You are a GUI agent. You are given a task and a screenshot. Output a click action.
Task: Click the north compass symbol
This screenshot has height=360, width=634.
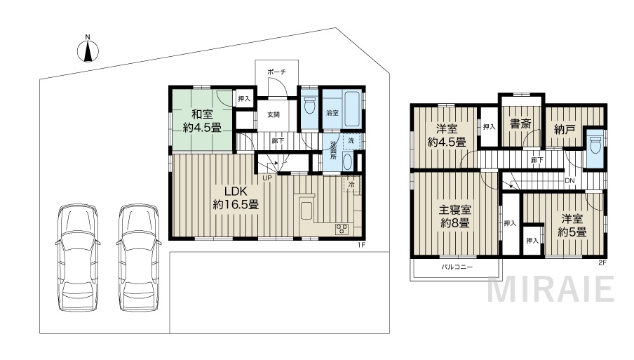click(x=88, y=49)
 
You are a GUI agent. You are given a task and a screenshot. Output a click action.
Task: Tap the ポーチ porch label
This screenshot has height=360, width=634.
click(x=276, y=72)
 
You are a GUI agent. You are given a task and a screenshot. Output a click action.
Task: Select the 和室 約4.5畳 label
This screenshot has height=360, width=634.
click(x=202, y=121)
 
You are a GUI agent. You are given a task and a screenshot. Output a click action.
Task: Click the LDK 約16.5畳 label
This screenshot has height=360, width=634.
click(x=236, y=198)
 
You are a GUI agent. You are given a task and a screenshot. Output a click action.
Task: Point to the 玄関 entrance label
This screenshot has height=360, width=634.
click(x=274, y=114)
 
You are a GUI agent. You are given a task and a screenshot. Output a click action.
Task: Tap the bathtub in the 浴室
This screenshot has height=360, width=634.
click(x=353, y=109)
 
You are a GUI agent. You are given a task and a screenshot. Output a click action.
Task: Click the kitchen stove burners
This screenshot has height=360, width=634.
click(x=342, y=229)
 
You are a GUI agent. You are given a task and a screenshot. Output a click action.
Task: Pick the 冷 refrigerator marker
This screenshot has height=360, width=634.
click(x=351, y=185)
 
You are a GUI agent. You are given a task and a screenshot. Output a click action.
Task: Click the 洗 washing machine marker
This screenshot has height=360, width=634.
click(x=351, y=141)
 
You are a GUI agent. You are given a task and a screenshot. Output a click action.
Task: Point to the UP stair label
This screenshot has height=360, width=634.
click(x=267, y=178)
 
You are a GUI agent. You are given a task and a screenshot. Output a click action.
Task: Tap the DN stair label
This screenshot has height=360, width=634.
click(x=569, y=181)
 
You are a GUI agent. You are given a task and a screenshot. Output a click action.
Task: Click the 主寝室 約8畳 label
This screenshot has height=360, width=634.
click(x=455, y=216)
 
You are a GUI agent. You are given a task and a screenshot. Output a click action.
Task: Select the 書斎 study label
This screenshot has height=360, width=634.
click(x=520, y=124)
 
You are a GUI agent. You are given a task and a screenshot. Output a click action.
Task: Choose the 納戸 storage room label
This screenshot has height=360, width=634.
click(x=565, y=129)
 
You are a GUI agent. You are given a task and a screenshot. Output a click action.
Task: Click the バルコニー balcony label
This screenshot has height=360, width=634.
click(x=457, y=267)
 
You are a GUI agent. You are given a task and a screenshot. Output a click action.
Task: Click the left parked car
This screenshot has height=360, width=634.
click(x=78, y=258)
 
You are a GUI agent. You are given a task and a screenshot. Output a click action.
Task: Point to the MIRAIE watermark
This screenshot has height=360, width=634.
click(x=551, y=289)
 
